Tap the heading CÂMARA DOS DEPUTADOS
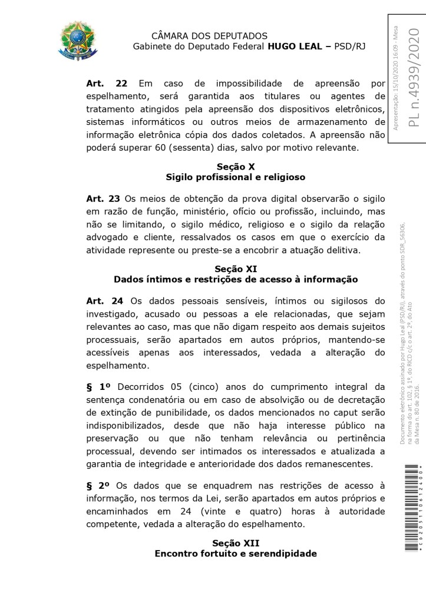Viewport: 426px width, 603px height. coord(209,36)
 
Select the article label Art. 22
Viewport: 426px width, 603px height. coord(107,84)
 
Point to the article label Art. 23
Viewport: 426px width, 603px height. coord(103,198)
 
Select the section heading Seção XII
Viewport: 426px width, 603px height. coord(236,542)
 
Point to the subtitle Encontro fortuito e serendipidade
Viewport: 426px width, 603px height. coord(236,553)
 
